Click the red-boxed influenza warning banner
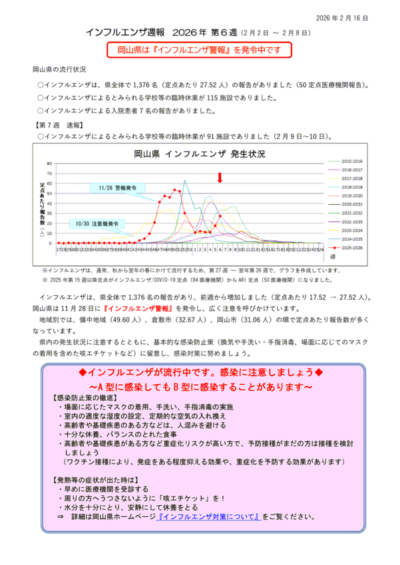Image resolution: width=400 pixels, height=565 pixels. (199, 50)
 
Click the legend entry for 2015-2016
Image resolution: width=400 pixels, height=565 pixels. (351, 162)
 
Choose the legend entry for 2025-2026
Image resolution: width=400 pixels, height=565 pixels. (351, 247)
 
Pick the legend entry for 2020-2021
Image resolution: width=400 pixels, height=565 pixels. (351, 204)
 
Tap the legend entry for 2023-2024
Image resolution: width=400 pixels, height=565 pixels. (351, 230)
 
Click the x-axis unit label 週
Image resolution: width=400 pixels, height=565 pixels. (341, 256)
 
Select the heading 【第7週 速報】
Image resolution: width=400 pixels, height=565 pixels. (58, 124)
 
